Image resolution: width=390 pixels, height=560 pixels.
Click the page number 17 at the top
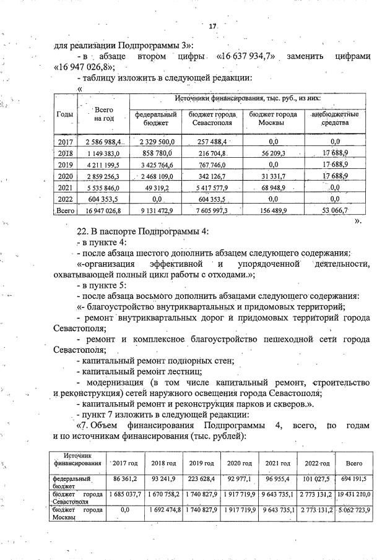tap(212, 27)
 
